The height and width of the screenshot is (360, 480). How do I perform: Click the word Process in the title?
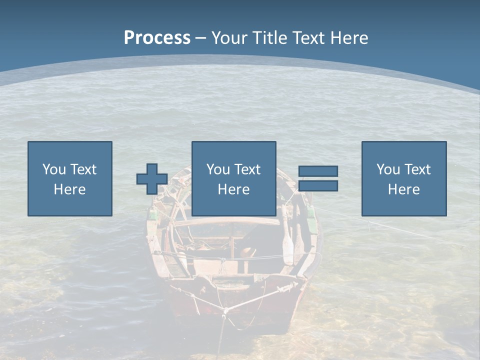157,38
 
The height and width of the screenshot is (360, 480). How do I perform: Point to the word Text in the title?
308,38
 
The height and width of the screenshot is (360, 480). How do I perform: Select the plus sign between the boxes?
152,179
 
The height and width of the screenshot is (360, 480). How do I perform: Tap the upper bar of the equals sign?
318,171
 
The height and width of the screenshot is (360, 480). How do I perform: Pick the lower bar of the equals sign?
318,186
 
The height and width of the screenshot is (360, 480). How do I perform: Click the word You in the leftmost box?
54,169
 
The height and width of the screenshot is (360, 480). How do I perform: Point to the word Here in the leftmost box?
69,189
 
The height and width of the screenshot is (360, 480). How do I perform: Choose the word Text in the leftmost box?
83,169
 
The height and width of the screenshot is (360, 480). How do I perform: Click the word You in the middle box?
218,169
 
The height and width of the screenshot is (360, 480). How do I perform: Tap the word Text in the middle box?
247,169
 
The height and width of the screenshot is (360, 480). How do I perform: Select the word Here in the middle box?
233,189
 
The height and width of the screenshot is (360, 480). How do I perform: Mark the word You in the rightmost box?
388,169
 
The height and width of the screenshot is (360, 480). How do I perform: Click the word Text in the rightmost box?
417,169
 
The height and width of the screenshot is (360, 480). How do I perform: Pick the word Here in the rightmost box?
403,189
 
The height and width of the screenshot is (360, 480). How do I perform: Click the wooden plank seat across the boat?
227,222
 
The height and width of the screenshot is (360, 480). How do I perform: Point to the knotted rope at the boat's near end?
225,311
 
